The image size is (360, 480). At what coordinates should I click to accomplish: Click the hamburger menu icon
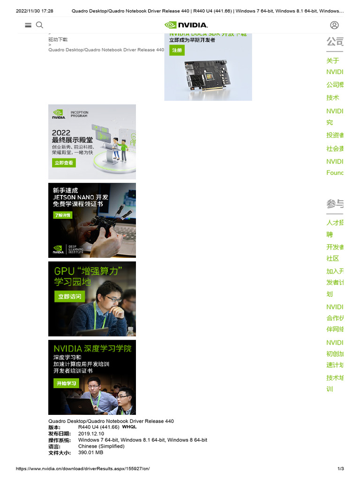click(28, 25)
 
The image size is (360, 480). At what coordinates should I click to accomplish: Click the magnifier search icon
click(39, 25)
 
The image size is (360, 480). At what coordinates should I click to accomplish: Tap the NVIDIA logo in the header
click(186, 25)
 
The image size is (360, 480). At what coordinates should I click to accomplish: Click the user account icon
click(334, 25)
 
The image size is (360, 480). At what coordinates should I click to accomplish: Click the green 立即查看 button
click(64, 163)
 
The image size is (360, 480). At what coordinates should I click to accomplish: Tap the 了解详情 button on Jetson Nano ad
click(62, 215)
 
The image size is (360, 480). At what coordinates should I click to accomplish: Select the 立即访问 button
click(69, 297)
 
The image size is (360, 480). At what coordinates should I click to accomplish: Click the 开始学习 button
click(66, 383)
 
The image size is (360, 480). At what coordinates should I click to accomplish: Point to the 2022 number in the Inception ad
click(61, 133)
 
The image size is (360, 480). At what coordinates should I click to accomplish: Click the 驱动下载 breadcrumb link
click(58, 40)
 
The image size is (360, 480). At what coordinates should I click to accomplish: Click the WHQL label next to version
click(129, 427)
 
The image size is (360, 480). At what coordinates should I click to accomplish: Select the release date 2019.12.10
click(88, 434)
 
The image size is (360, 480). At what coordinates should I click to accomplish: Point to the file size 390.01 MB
click(90, 453)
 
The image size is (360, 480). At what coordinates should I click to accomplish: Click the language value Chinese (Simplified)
click(101, 446)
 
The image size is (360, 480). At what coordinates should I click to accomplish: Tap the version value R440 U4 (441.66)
click(98, 427)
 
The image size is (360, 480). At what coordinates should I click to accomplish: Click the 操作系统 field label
click(60, 440)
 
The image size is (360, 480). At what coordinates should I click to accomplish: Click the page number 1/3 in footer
click(341, 469)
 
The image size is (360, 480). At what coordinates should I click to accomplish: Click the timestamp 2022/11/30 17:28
click(35, 11)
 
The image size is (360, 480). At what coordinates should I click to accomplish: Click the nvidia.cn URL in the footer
click(83, 469)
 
